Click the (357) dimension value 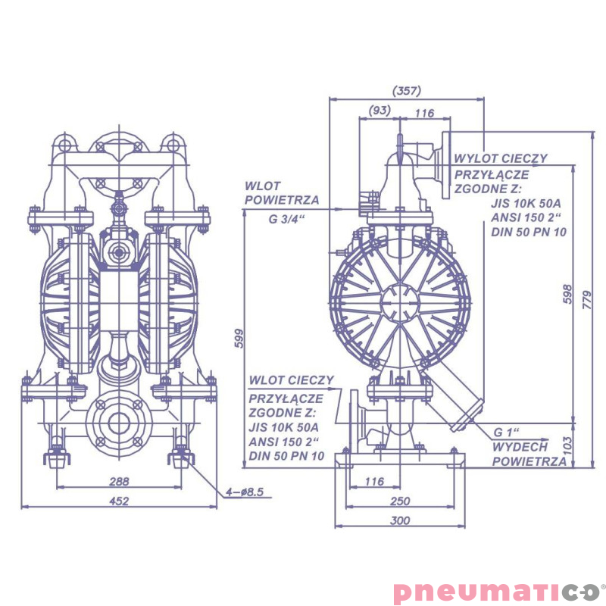407,91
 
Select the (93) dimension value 379,111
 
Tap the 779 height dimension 586,300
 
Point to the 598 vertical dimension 567,294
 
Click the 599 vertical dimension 239,338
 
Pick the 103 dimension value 567,444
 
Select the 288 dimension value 119,481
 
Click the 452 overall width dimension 119,501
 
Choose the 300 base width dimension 400,520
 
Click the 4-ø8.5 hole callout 245,492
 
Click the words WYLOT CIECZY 501,158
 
